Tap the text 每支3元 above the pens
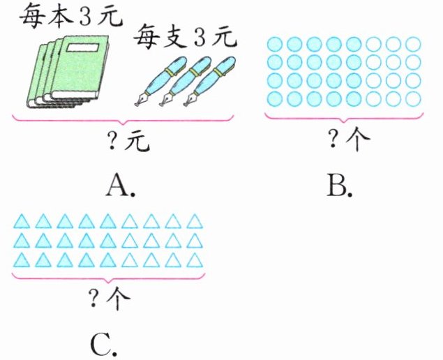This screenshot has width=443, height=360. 185,35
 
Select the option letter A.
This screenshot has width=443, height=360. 121,184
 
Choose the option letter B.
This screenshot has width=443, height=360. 341,184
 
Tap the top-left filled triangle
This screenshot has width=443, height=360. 22,222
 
